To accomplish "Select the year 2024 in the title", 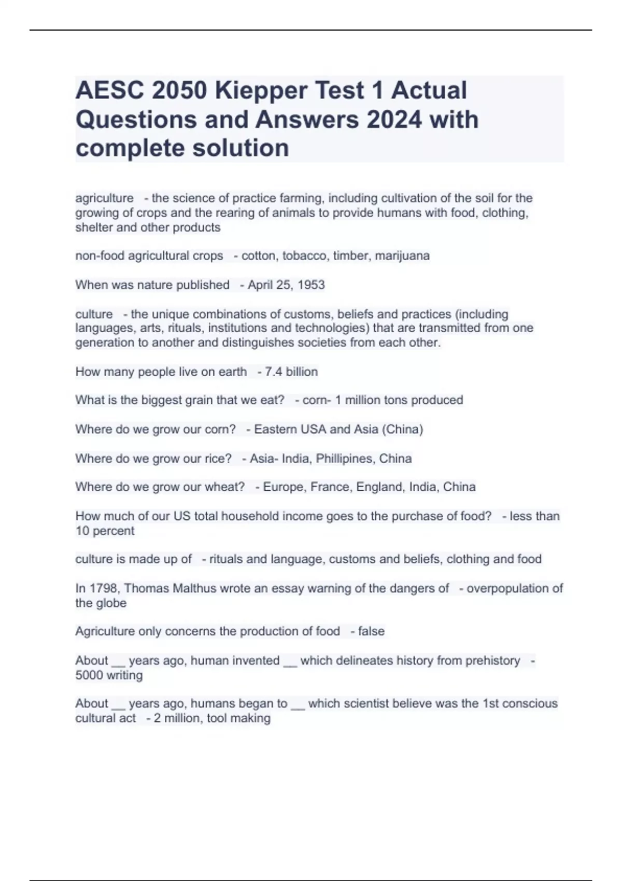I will click(394, 120).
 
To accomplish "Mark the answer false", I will click(371, 631).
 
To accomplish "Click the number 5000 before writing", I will click(89, 675).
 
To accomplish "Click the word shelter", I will click(94, 228).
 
